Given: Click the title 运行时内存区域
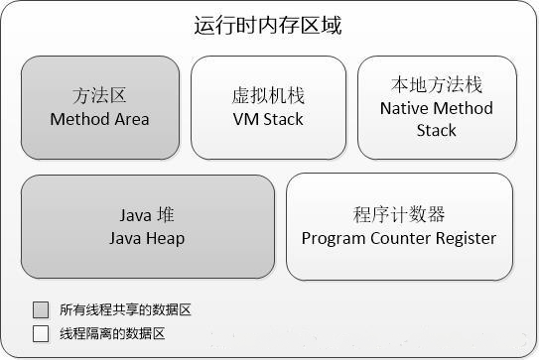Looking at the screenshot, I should point(268,26).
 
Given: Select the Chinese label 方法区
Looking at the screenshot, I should point(99,96).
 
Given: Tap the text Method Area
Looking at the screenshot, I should point(99,119).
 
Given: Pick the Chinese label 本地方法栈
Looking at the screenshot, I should point(436,85).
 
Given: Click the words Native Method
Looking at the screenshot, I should point(436,108).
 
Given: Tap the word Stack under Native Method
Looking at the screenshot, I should point(436,130).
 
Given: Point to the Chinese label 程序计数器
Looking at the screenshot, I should point(399,215).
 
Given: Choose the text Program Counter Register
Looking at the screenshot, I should point(399,238).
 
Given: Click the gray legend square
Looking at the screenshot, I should point(41,309).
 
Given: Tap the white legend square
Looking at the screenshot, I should point(41,334).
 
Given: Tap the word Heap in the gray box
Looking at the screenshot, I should point(165,238).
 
